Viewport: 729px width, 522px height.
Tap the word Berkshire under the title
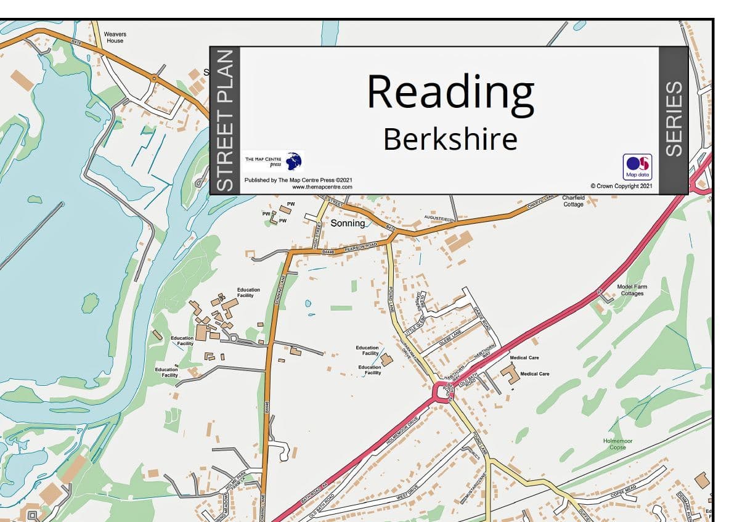(x=450, y=139)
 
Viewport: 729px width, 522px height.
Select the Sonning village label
(x=348, y=223)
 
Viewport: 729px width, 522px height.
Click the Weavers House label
(x=114, y=37)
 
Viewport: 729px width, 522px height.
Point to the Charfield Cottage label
(x=573, y=201)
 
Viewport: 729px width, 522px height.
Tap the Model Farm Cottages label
(x=632, y=290)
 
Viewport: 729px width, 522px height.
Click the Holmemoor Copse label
(x=617, y=444)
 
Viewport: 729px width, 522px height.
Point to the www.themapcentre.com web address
(x=322, y=186)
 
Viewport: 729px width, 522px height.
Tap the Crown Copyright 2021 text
(x=621, y=186)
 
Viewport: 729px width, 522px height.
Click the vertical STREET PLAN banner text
(x=224, y=120)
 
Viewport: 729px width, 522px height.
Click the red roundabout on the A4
(x=442, y=391)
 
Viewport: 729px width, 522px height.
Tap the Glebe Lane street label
(x=448, y=336)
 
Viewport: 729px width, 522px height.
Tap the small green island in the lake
(x=90, y=303)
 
